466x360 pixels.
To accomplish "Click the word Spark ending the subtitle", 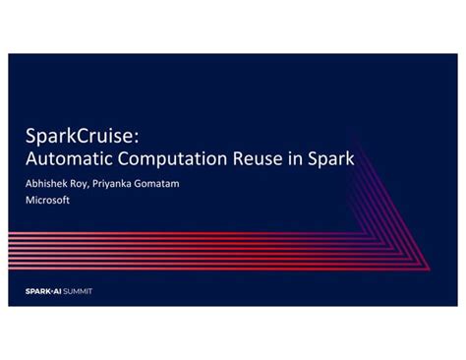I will pos(328,157).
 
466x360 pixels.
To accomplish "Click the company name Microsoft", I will pos(46,200).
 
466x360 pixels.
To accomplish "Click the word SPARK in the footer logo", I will pos(36,291).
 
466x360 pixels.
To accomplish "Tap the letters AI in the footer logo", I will pos(55,291).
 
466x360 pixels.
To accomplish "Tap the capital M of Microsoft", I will pos(29,200).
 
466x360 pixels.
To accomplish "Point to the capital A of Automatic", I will pos(30,157).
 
